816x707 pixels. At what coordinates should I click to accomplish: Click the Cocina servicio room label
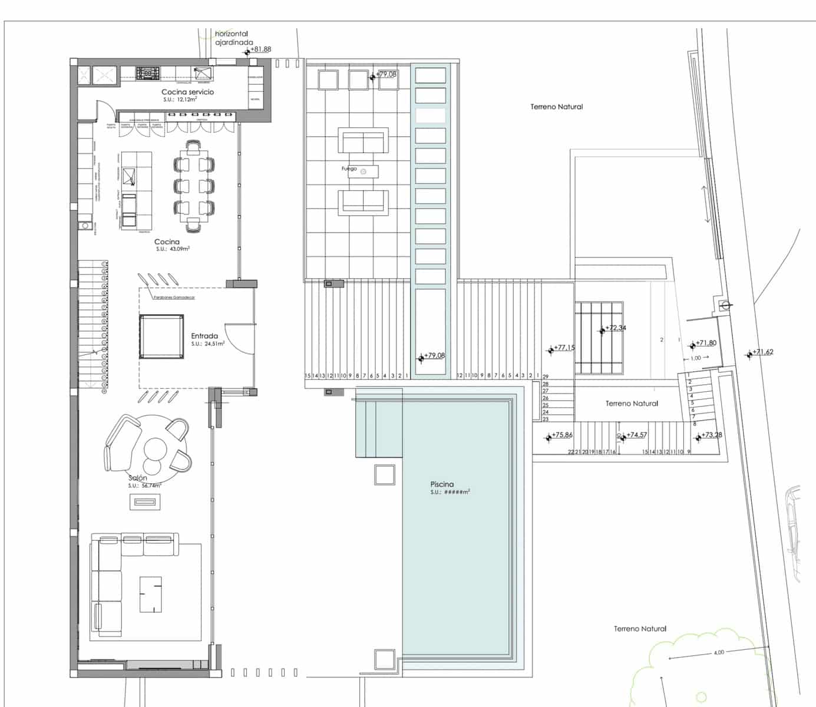pyautogui.click(x=187, y=92)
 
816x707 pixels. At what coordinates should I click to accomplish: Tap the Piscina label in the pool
pyautogui.click(x=442, y=484)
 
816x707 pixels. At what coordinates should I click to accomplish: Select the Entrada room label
pyautogui.click(x=204, y=336)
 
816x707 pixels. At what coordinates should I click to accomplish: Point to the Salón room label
pyautogui.click(x=137, y=478)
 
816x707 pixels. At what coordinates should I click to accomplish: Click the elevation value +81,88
pyautogui.click(x=260, y=49)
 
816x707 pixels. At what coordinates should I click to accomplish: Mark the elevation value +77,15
pyautogui.click(x=564, y=348)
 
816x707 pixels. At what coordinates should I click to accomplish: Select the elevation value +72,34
pyautogui.click(x=616, y=328)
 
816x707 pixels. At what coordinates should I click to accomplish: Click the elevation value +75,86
pyautogui.click(x=562, y=435)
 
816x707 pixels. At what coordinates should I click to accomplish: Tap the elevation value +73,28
pyautogui.click(x=712, y=435)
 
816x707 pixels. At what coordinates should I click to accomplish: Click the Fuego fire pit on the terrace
pyautogui.click(x=363, y=171)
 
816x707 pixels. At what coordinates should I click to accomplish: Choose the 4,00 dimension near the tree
pyautogui.click(x=719, y=652)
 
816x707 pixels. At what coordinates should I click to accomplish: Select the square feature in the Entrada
pyautogui.click(x=161, y=336)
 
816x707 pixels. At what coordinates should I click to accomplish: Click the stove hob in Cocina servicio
pyautogui.click(x=148, y=73)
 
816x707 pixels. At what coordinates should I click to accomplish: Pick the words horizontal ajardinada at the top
pyautogui.click(x=233, y=38)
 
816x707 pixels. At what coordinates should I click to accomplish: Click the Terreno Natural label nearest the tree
pyautogui.click(x=640, y=629)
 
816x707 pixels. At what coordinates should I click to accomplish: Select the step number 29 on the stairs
pyautogui.click(x=546, y=376)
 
